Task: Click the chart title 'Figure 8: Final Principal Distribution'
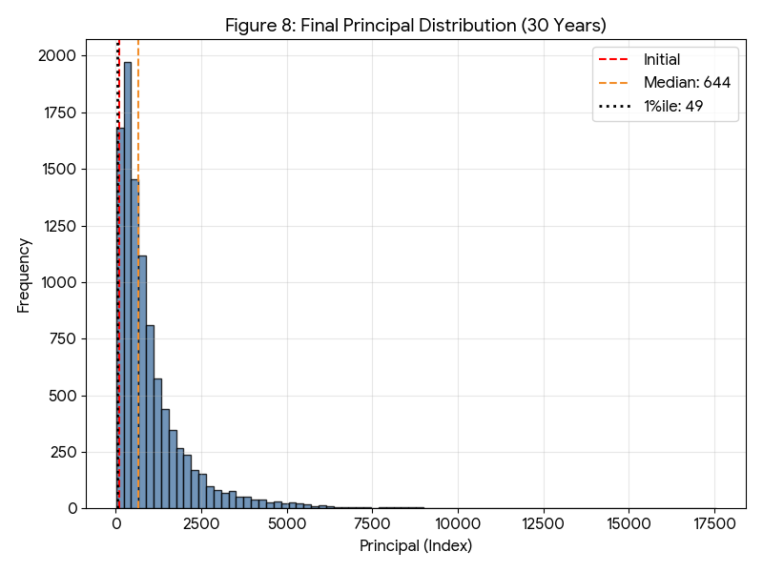click(x=416, y=25)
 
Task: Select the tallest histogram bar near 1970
click(x=128, y=286)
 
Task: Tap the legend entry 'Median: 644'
click(x=687, y=83)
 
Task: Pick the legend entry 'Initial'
click(x=662, y=59)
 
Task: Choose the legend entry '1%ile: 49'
click(x=673, y=106)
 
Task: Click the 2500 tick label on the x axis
click(x=201, y=523)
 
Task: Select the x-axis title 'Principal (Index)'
click(x=416, y=546)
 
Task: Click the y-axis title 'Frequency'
click(x=24, y=276)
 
